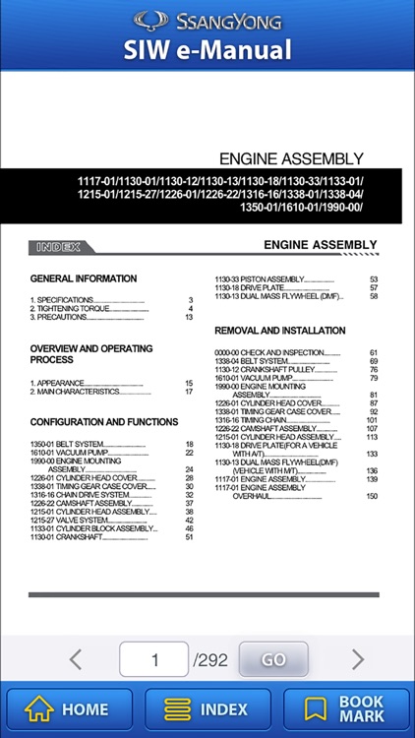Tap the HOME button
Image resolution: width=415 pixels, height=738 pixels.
pos(68,708)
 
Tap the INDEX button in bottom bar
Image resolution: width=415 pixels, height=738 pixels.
pos(207,708)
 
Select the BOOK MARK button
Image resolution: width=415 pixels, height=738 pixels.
pos(347,708)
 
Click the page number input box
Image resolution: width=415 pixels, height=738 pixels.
pos(153,659)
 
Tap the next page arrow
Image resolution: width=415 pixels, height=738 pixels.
pos(358,659)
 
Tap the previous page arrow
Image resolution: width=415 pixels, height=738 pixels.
pos(76,659)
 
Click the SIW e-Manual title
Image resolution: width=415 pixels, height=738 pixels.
pos(207,49)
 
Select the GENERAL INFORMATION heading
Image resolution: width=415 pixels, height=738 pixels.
pos(84,278)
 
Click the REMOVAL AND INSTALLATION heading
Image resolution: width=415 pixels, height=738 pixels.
pos(280,331)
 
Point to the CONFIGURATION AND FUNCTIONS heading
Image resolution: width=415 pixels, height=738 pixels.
pos(104,422)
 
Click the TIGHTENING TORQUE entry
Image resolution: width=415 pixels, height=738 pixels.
pos(71,309)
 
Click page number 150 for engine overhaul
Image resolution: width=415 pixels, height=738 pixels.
pos(372,496)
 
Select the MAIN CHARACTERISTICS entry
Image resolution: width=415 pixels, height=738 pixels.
pos(74,392)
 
